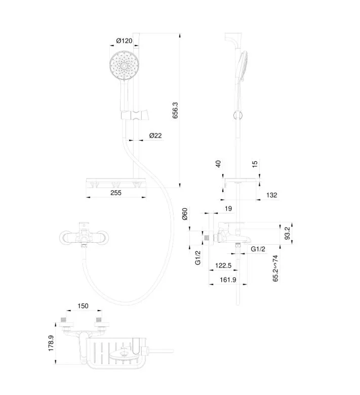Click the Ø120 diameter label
pos(124,40)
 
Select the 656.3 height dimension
pos(175,111)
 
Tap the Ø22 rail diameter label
pos(155,136)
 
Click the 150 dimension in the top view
pos(83,306)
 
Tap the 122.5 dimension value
pos(223,266)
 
